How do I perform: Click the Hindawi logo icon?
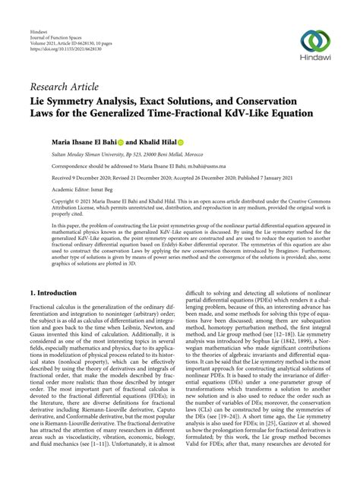click(315, 40)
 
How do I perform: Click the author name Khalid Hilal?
click(158, 141)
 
